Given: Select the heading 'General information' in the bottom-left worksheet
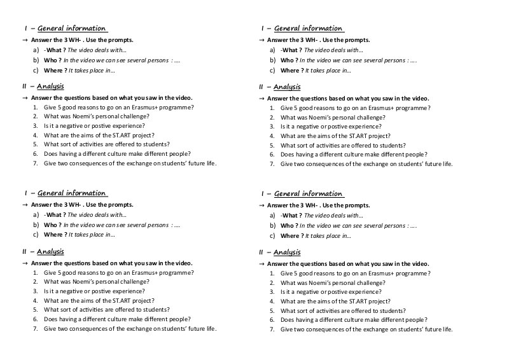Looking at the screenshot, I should coord(72,193).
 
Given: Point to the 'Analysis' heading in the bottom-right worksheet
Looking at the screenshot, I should coord(287,252).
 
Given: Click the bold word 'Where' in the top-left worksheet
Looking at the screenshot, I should coord(54,70).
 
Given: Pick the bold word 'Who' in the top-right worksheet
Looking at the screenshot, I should coord(288,60).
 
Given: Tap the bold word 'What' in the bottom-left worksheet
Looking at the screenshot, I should coord(55,215).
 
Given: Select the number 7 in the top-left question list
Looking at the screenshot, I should coord(36,163).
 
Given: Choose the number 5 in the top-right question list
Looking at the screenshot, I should coord(272,145).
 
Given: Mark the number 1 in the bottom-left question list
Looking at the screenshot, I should coord(36,272).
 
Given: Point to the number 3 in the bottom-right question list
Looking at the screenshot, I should coord(272,292).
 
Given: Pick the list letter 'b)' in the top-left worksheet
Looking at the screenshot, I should coord(36,60).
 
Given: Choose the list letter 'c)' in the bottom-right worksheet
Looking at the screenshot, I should coord(272,235).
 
